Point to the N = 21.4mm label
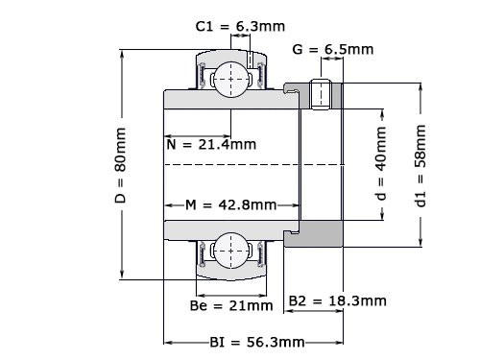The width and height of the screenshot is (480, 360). pyautogui.click(x=210, y=145)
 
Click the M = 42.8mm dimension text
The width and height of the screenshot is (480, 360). pyautogui.click(x=230, y=205)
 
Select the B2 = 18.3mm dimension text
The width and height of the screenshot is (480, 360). pyautogui.click(x=338, y=300)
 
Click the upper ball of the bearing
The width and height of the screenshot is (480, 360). pyautogui.click(x=231, y=77)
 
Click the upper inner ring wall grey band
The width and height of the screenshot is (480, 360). pyautogui.click(x=226, y=99)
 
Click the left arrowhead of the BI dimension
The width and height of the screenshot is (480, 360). pyautogui.click(x=168, y=342)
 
